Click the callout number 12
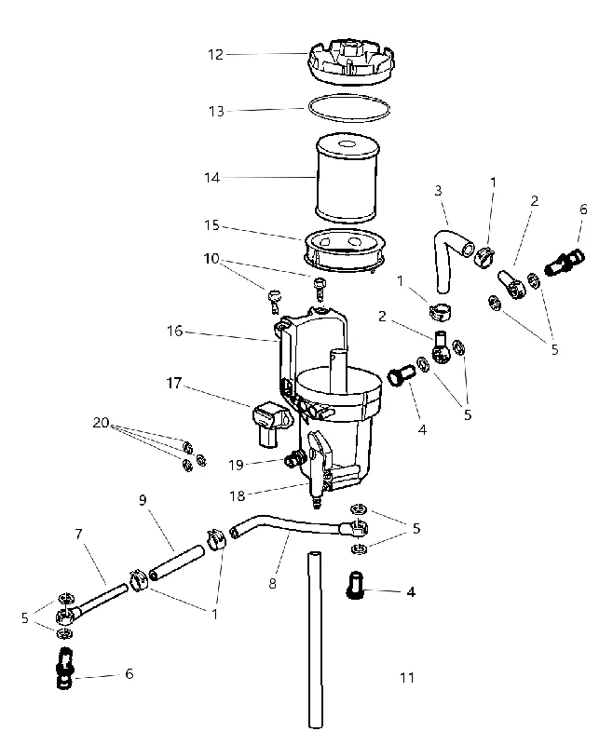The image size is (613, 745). click(215, 55)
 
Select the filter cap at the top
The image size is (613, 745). click(349, 62)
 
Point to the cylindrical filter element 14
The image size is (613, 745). click(347, 178)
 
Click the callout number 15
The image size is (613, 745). click(211, 225)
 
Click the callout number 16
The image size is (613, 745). click(175, 331)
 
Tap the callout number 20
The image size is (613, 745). click(101, 422)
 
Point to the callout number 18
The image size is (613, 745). click(238, 496)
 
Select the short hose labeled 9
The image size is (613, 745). click(176, 563)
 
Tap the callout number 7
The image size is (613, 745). click(79, 535)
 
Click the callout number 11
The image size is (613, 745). click(407, 677)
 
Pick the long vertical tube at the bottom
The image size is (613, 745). click(315, 640)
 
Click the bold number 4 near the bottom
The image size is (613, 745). click(411, 592)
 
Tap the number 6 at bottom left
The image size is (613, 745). click(129, 673)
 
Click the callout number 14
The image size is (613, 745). click(211, 178)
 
